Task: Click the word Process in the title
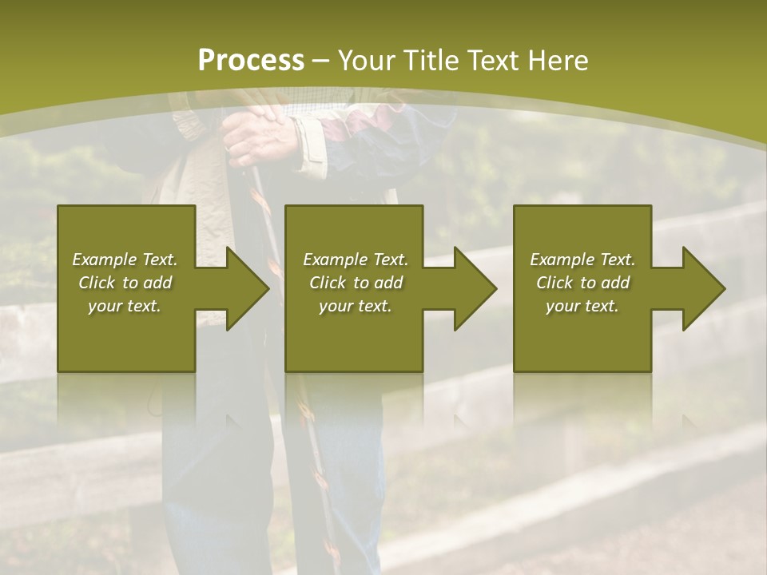[251, 61]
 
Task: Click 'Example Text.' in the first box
[125, 260]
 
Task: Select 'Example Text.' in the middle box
[355, 260]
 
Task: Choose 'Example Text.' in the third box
[582, 260]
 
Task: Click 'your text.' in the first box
[125, 306]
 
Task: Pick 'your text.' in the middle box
[355, 306]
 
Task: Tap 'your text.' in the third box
[582, 306]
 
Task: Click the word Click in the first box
[97, 283]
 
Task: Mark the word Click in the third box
[555, 283]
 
